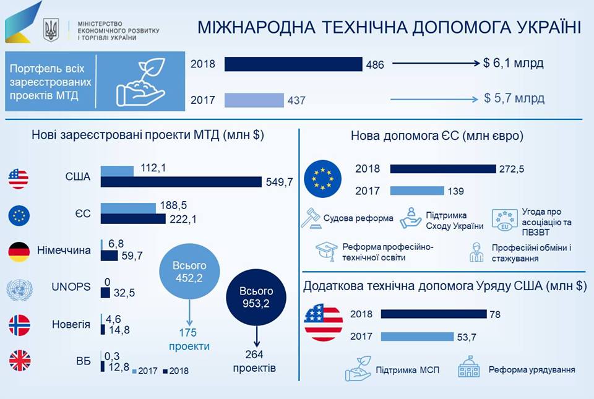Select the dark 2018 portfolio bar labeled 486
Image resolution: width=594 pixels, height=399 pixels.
(293, 64)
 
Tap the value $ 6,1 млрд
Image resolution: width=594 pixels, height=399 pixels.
(514, 63)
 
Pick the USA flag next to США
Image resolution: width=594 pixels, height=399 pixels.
(19, 178)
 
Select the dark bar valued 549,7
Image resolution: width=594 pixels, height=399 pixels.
(181, 182)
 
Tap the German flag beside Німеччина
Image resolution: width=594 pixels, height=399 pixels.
(19, 251)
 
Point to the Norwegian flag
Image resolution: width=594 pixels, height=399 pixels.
(19, 325)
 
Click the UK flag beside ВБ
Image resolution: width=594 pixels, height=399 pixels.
(19, 361)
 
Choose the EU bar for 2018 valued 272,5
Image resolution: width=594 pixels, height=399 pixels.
(443, 169)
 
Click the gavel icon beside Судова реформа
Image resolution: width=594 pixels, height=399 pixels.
(310, 218)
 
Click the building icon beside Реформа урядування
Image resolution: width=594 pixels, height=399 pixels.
(469, 369)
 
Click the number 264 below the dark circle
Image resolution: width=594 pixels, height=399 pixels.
(254, 354)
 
